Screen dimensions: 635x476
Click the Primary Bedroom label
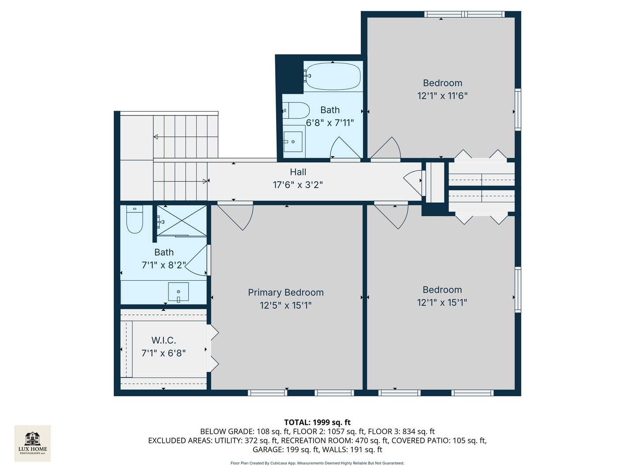tap(286, 293)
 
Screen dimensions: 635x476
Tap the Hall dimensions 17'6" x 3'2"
tap(298, 185)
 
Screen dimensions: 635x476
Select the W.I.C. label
tap(164, 340)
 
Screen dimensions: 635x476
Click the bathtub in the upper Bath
tap(332, 76)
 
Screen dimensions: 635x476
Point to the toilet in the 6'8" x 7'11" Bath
tap(296, 110)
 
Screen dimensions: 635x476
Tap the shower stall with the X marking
tap(182, 221)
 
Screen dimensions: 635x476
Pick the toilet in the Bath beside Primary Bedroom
tap(134, 219)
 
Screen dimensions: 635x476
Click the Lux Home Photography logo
tap(32, 443)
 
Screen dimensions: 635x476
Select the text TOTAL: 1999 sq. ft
tap(317, 422)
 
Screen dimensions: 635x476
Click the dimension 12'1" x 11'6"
tap(442, 96)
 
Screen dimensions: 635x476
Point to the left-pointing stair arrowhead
tap(156, 137)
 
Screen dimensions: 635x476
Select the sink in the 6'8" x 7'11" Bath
tap(293, 141)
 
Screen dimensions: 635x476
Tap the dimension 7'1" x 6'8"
tap(164, 353)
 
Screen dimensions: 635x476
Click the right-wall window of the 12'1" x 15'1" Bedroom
tap(518, 290)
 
